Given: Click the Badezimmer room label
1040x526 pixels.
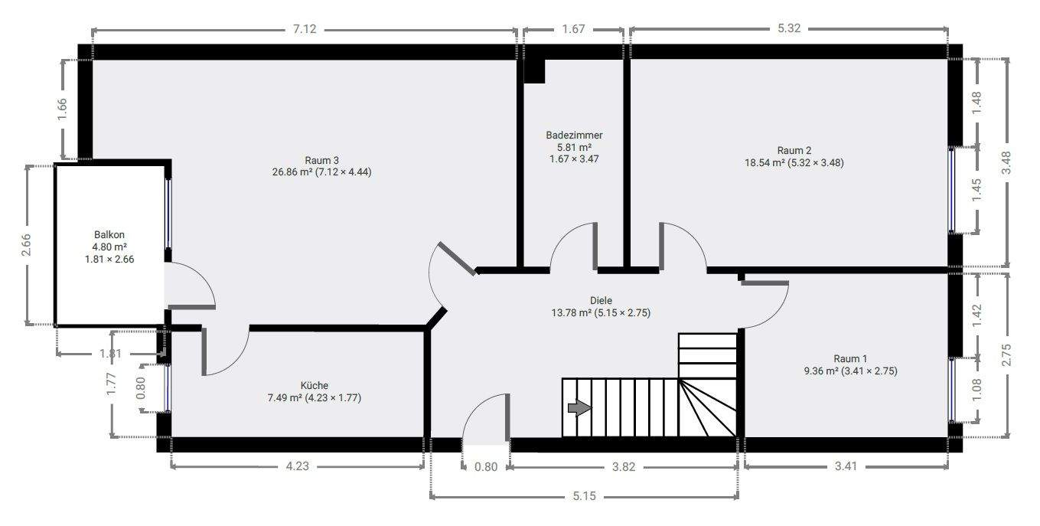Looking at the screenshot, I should pyautogui.click(x=574, y=135).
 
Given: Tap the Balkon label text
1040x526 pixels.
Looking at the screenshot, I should pyautogui.click(x=109, y=235).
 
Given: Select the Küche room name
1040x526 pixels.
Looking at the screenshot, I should pyautogui.click(x=315, y=385).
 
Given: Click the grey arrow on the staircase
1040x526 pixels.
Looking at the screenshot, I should pyautogui.click(x=579, y=408).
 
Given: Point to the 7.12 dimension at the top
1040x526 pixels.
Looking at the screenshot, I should pyautogui.click(x=305, y=30).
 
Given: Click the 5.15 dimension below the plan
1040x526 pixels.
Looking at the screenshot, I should pyautogui.click(x=584, y=496).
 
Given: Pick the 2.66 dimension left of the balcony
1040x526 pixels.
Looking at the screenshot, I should pyautogui.click(x=27, y=245).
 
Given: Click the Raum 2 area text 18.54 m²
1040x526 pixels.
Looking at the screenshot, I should pyautogui.click(x=765, y=162).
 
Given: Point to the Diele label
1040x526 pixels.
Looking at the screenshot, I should pyautogui.click(x=601, y=300).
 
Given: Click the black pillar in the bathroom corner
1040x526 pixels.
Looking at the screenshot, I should pyautogui.click(x=534, y=71).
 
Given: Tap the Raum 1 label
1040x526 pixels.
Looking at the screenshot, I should pyautogui.click(x=850, y=358).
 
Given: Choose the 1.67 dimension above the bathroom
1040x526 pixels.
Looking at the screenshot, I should pyautogui.click(x=573, y=30).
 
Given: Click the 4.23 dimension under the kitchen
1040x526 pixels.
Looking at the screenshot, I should pyautogui.click(x=297, y=466).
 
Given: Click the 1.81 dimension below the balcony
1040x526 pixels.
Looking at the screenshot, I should pyautogui.click(x=110, y=354).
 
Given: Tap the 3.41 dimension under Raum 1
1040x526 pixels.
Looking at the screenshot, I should pyautogui.click(x=846, y=466).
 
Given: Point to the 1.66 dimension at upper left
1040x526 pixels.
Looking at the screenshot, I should pyautogui.click(x=64, y=109).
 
